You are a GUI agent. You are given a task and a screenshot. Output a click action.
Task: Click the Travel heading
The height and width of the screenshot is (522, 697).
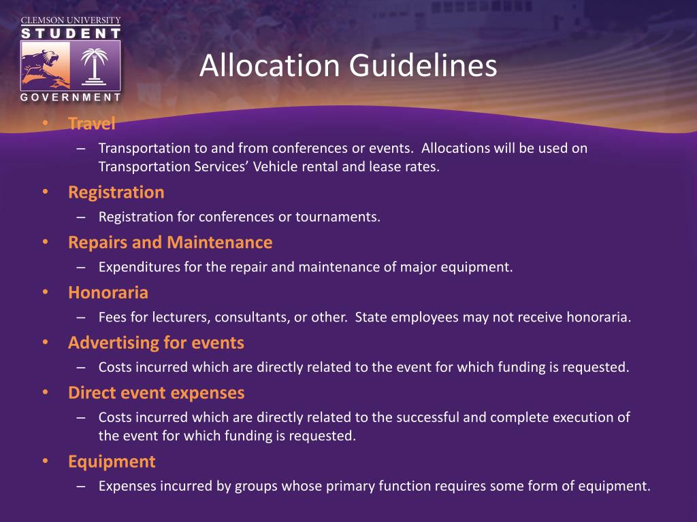click(91, 124)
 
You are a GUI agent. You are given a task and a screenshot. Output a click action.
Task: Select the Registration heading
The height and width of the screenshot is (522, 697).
click(116, 192)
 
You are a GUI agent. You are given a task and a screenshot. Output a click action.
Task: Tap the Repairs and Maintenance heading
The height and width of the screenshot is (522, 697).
click(169, 243)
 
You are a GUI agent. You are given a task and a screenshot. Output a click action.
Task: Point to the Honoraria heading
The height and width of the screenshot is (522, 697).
click(108, 293)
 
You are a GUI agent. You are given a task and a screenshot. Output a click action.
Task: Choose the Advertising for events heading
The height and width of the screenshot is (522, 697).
click(156, 343)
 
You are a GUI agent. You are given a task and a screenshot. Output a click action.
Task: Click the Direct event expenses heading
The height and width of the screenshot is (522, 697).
click(156, 393)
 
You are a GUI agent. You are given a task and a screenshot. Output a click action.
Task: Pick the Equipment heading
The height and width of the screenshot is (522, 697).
click(112, 462)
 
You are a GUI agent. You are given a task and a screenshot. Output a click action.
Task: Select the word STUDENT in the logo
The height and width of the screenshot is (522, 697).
click(70, 33)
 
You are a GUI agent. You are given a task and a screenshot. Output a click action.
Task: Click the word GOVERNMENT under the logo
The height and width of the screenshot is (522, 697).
click(70, 97)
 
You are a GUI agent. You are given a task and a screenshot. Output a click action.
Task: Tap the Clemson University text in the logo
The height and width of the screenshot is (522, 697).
click(70, 20)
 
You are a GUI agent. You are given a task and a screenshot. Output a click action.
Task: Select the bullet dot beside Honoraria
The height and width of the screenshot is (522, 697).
click(44, 292)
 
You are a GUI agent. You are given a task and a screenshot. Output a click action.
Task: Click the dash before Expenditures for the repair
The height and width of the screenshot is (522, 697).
click(81, 267)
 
